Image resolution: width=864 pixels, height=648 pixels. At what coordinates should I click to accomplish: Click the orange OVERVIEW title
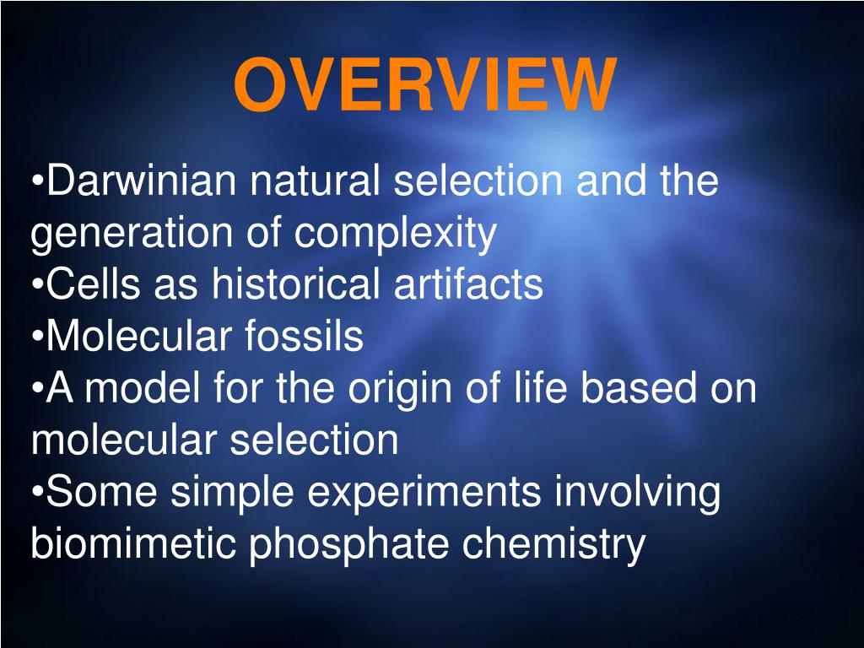[x=424, y=85]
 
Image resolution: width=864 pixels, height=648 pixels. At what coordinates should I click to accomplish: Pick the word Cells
[x=88, y=285]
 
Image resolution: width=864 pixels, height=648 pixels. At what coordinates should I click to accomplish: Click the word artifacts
[x=468, y=285]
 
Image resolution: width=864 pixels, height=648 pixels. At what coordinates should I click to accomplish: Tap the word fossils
[x=305, y=337]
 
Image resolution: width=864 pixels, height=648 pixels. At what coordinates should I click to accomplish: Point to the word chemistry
[x=553, y=546]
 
